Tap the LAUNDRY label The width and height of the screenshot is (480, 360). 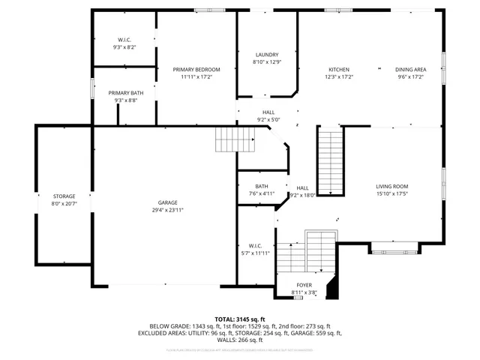(x=266, y=55)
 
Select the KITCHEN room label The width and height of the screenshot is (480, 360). (x=338, y=69)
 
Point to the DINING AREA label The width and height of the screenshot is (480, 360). (x=409, y=69)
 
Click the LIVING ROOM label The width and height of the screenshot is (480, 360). (x=392, y=186)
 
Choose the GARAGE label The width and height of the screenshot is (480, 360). (x=167, y=202)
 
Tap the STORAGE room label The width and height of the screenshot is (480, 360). (x=64, y=196)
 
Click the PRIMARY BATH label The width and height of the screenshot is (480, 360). (x=125, y=92)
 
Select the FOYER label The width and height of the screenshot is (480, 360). (x=304, y=285)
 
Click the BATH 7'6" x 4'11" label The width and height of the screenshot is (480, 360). (x=262, y=186)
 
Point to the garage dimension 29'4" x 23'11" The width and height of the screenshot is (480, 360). (x=167, y=210)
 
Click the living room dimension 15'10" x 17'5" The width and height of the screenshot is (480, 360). (x=392, y=193)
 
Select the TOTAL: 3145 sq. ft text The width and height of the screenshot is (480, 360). (x=239, y=319)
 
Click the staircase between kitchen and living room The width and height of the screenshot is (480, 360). (x=330, y=161)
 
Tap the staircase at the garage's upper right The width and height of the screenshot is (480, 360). (x=230, y=139)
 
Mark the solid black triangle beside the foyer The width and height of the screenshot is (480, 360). (x=334, y=289)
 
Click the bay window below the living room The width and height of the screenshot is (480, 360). (x=394, y=245)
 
